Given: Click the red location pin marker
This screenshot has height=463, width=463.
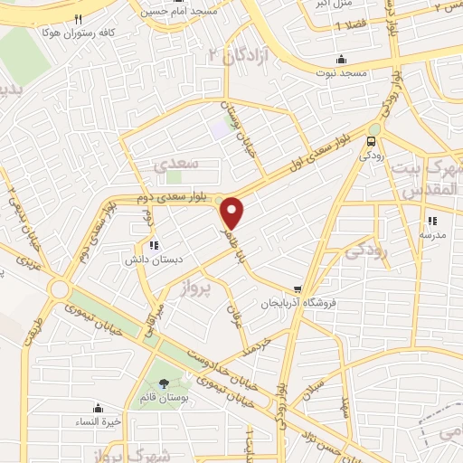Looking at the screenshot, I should (233, 213).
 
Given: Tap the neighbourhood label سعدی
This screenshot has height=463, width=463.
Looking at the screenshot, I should (172, 165).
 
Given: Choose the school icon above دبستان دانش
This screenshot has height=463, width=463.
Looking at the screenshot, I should (154, 244).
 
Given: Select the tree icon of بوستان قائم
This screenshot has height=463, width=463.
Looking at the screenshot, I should (163, 383).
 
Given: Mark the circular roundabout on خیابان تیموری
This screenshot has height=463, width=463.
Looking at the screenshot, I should (61, 290).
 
